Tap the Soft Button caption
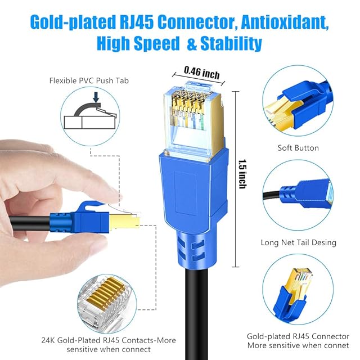(298, 148)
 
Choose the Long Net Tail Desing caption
(298, 243)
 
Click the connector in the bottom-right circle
(295, 293)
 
